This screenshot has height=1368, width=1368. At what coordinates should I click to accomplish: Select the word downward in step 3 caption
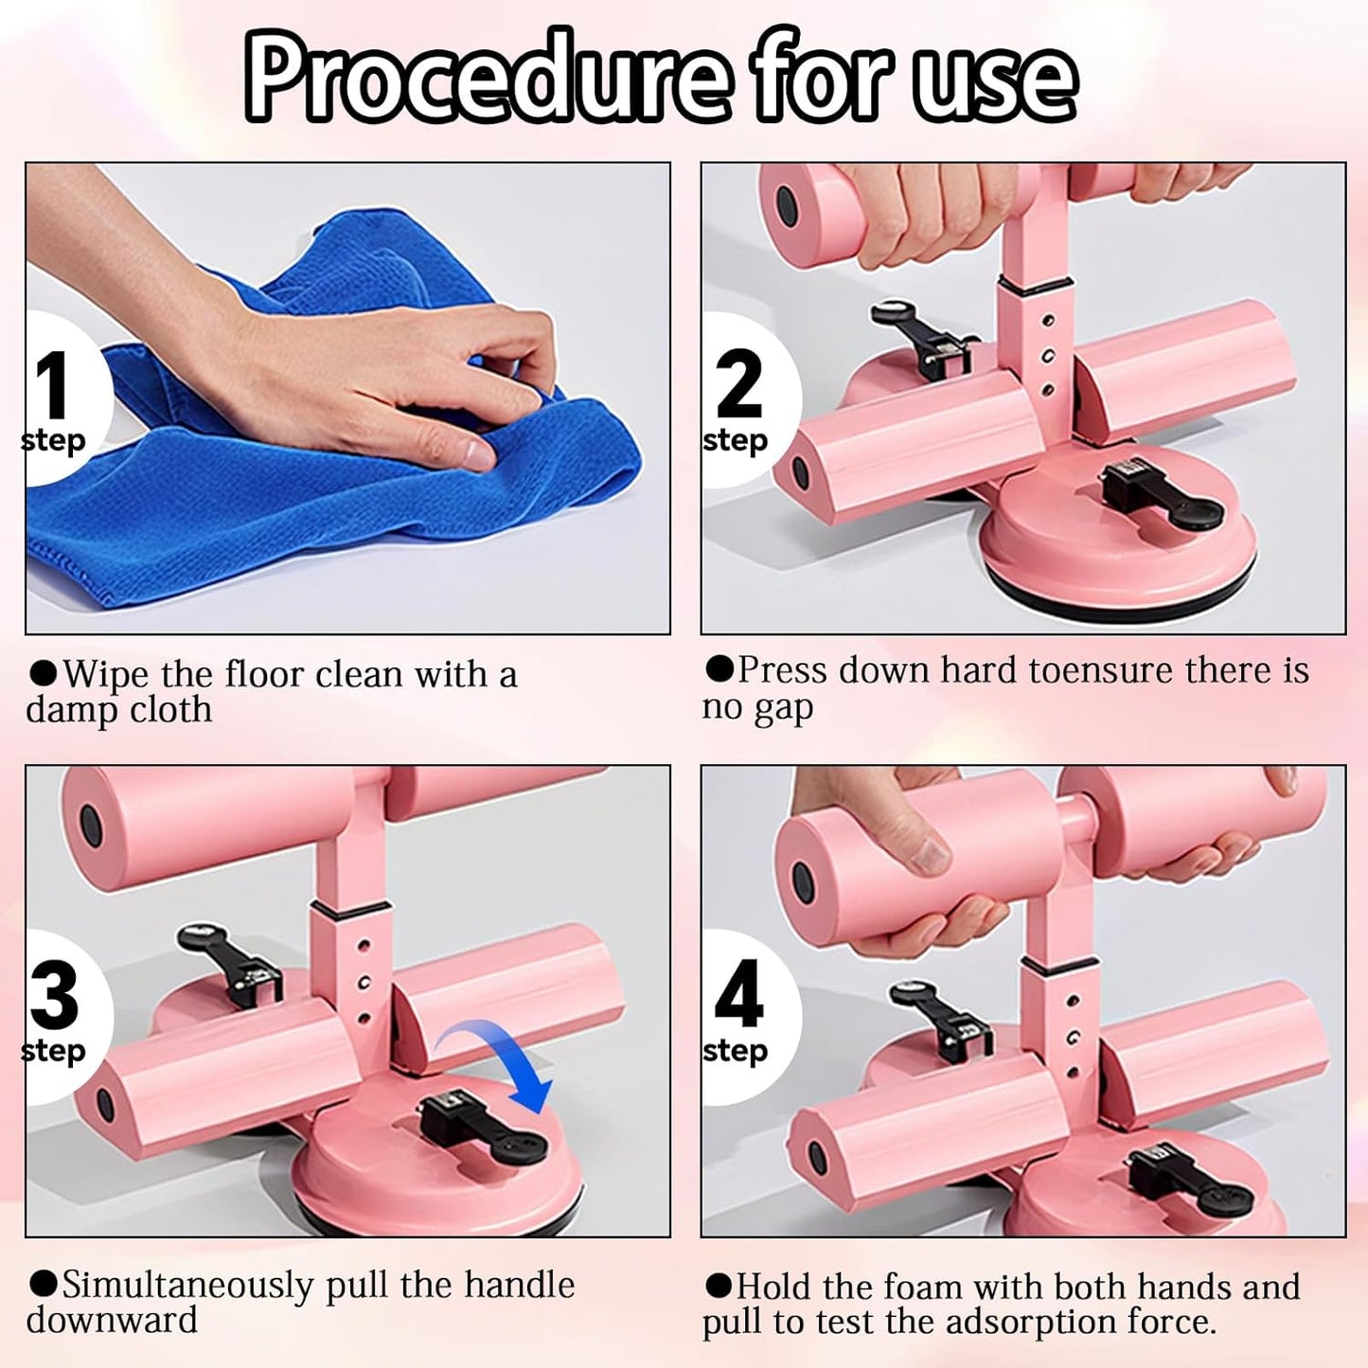(112, 1321)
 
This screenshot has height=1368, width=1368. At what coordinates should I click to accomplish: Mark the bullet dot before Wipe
(43, 672)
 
